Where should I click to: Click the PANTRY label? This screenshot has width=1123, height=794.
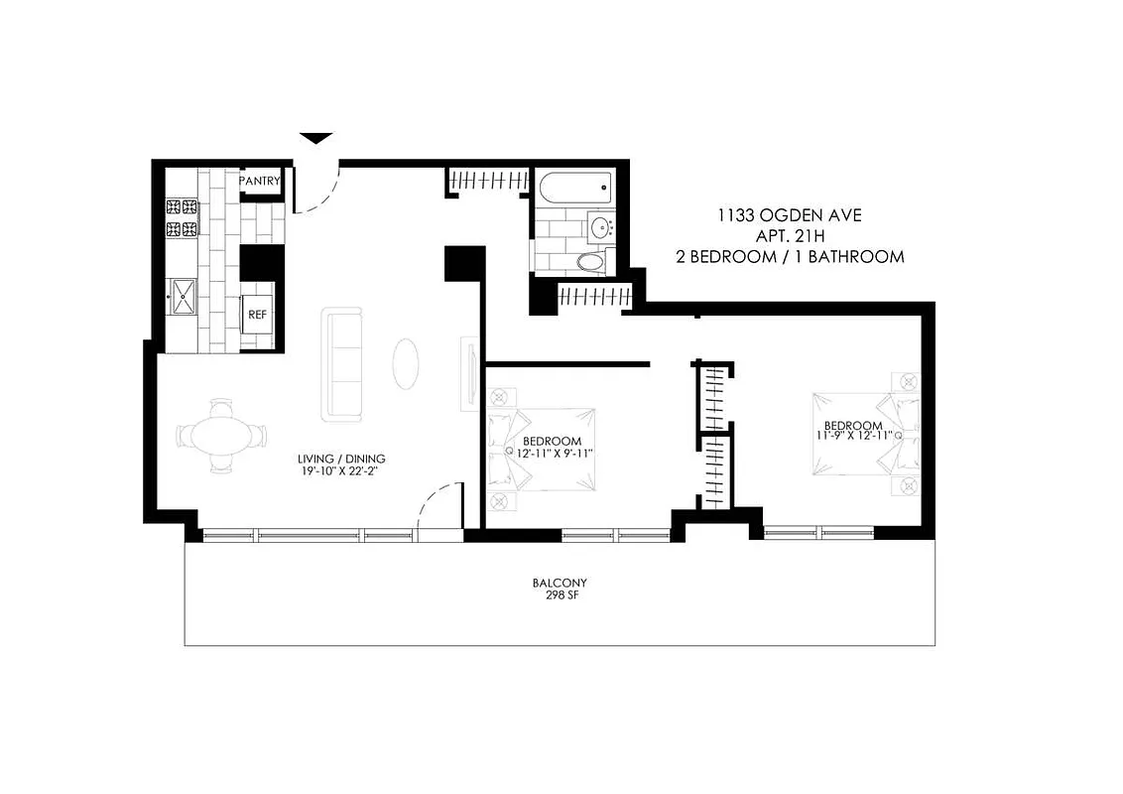coord(260,182)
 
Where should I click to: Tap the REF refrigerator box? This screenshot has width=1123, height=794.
coord(257,315)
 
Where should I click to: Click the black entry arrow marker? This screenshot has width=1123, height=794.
coord(315,139)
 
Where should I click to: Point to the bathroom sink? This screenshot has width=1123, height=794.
coord(600,226)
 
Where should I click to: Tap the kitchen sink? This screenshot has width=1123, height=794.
coord(184,296)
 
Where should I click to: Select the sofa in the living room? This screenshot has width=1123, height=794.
coord(343,363)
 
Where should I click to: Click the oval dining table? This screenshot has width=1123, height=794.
coord(222,436)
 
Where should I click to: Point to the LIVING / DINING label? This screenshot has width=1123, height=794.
coord(341,460)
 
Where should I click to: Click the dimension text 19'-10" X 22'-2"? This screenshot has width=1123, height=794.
coord(341,472)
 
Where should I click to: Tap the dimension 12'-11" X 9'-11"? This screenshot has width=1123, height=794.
coord(552,454)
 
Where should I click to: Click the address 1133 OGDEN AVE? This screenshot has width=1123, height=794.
coord(775,214)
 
